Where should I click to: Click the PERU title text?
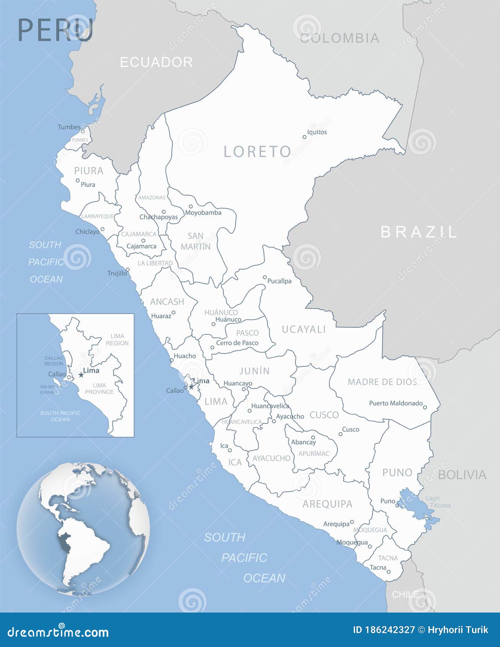pos(56,30)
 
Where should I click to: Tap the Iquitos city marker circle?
pos(305,137)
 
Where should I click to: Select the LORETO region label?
pos(257,152)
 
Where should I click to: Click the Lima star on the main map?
pos(191,387)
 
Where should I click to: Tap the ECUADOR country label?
pos(156,62)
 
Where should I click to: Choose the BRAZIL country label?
pos(419,232)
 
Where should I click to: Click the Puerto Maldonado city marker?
pos(425,407)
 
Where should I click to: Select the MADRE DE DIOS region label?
pos(382,382)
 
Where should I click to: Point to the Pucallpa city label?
pos(279,281)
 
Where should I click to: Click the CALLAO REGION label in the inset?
pos(54,361)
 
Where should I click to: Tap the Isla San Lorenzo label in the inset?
pos(48,389)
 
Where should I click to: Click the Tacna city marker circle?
pos(389,572)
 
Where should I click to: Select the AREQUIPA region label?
pos(327,504)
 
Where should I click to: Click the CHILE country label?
pos(405,594)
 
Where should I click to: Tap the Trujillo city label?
pos(117,273)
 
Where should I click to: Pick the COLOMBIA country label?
pos(339,38)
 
